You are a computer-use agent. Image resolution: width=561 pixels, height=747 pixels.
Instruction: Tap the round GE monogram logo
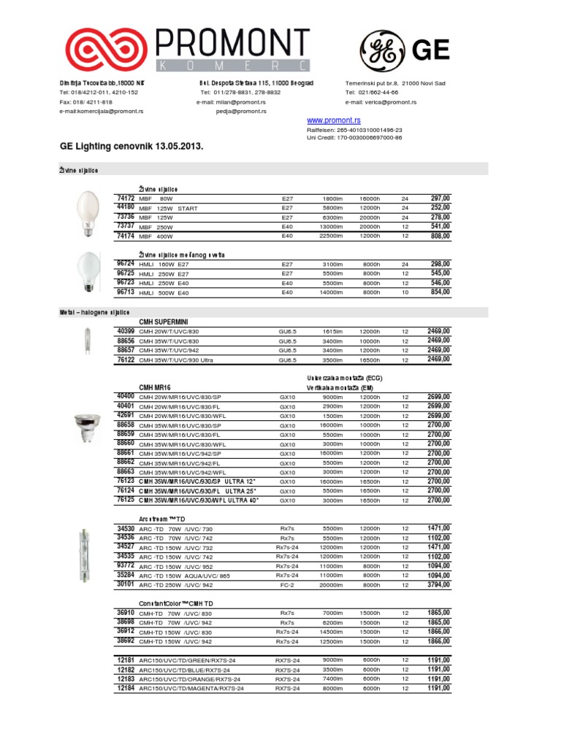pos(380,50)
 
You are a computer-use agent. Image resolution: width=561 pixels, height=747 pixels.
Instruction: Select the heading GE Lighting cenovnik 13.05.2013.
pos(131,147)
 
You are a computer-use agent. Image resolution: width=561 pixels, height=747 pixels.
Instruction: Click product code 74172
pos(125,198)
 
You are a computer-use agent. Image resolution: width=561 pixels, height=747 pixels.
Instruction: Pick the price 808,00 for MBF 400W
pos(440,236)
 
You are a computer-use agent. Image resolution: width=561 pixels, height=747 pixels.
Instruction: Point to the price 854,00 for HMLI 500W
pos(440,292)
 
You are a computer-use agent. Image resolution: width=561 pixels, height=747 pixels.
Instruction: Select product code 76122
pos(125,359)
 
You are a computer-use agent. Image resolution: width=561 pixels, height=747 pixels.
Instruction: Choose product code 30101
pos(125,584)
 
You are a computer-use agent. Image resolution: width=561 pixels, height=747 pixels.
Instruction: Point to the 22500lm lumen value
pos(331,236)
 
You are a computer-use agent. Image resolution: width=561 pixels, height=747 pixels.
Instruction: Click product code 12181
pos(125,659)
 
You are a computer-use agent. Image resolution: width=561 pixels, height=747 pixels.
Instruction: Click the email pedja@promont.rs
pos(241,112)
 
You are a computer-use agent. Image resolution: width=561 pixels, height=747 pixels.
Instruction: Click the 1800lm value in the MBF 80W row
pos(332,198)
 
